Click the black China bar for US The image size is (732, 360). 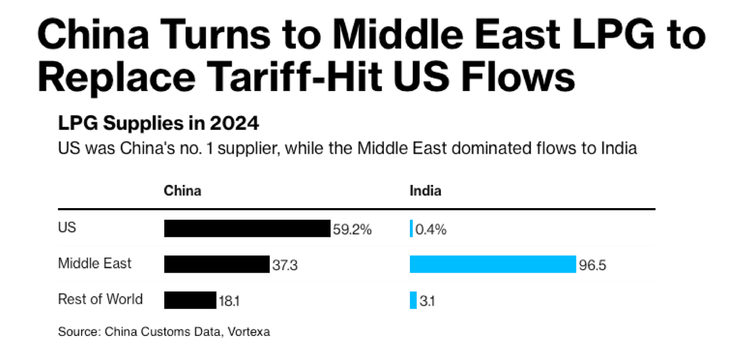(x=247, y=229)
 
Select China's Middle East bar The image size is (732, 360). (x=217, y=264)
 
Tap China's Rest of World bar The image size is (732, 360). (x=190, y=300)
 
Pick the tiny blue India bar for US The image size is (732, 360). (x=412, y=229)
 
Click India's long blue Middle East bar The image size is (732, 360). (x=493, y=264)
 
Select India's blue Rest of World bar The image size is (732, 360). (x=413, y=300)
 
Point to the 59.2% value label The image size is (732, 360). (x=352, y=230)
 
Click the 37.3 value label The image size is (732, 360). (x=285, y=265)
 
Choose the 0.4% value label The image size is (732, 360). (x=431, y=230)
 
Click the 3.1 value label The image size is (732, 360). (x=426, y=301)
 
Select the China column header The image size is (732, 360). (x=182, y=191)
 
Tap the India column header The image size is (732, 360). (x=425, y=191)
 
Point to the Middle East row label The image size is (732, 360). (x=95, y=264)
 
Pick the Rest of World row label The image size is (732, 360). (x=100, y=299)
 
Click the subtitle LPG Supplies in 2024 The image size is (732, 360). (x=159, y=124)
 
